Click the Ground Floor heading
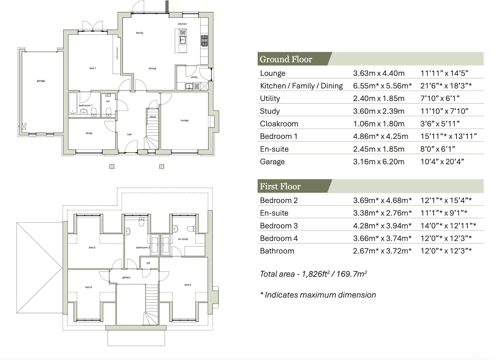286,59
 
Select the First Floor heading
280,187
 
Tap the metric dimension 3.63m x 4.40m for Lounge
379,73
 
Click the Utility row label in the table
270,98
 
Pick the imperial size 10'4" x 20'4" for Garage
442,162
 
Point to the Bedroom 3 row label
278,226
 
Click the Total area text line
313,274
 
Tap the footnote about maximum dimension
318,295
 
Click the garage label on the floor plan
41,81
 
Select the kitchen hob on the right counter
204,41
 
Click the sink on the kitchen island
183,40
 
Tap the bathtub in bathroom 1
73,103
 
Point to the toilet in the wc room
108,111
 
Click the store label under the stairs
153,117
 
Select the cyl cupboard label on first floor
148,263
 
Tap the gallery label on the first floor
126,277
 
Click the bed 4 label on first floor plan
88,287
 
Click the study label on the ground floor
89,133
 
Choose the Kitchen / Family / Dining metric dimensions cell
382,86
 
